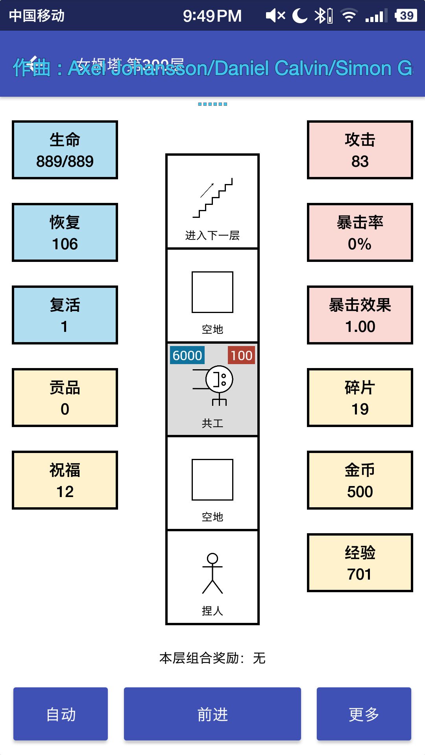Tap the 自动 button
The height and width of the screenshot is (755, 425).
point(61,714)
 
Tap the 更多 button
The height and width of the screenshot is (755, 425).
point(364,714)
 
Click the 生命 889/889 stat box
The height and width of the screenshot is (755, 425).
point(65,150)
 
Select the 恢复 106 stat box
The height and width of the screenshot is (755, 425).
point(65,232)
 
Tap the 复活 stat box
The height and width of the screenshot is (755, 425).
point(65,315)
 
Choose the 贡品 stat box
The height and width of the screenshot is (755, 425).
point(65,398)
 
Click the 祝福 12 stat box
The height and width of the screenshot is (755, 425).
point(65,480)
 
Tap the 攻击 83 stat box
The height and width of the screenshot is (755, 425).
point(360,150)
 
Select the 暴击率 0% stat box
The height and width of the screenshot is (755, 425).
point(360,232)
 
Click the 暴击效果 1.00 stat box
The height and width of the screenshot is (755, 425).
point(360,315)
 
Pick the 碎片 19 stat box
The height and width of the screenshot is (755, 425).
point(360,398)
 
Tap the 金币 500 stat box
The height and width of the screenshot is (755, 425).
point(360,480)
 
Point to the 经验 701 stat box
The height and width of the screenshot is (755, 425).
point(360,563)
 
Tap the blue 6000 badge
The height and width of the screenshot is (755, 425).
point(187,355)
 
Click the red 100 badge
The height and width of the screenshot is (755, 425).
point(241,355)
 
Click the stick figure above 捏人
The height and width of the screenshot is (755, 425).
point(213,573)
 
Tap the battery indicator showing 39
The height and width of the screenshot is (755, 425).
point(406,16)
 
